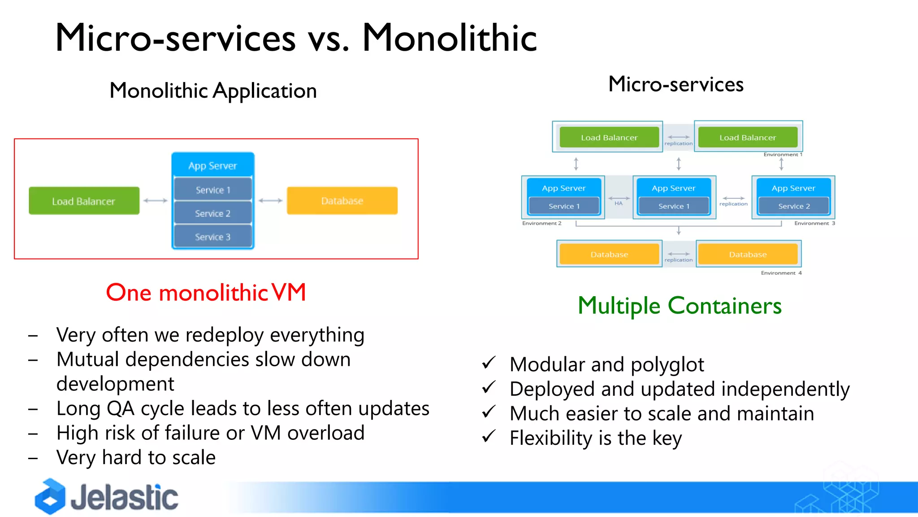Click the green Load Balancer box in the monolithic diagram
click(x=84, y=201)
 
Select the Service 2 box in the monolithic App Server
click(x=212, y=213)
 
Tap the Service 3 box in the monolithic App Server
click(x=212, y=237)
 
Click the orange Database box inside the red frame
click(x=342, y=201)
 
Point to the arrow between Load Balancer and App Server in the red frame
click(x=156, y=201)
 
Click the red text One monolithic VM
click(x=206, y=293)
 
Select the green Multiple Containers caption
click(x=680, y=306)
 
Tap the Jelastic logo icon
click(x=50, y=496)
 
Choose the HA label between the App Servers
click(x=619, y=203)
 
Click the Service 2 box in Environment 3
click(x=794, y=206)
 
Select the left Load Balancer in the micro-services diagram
click(x=609, y=137)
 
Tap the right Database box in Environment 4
click(x=748, y=254)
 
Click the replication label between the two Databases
click(x=678, y=260)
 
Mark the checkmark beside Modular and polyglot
click(x=489, y=363)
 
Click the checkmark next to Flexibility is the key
click(x=489, y=436)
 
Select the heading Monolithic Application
click(x=213, y=91)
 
